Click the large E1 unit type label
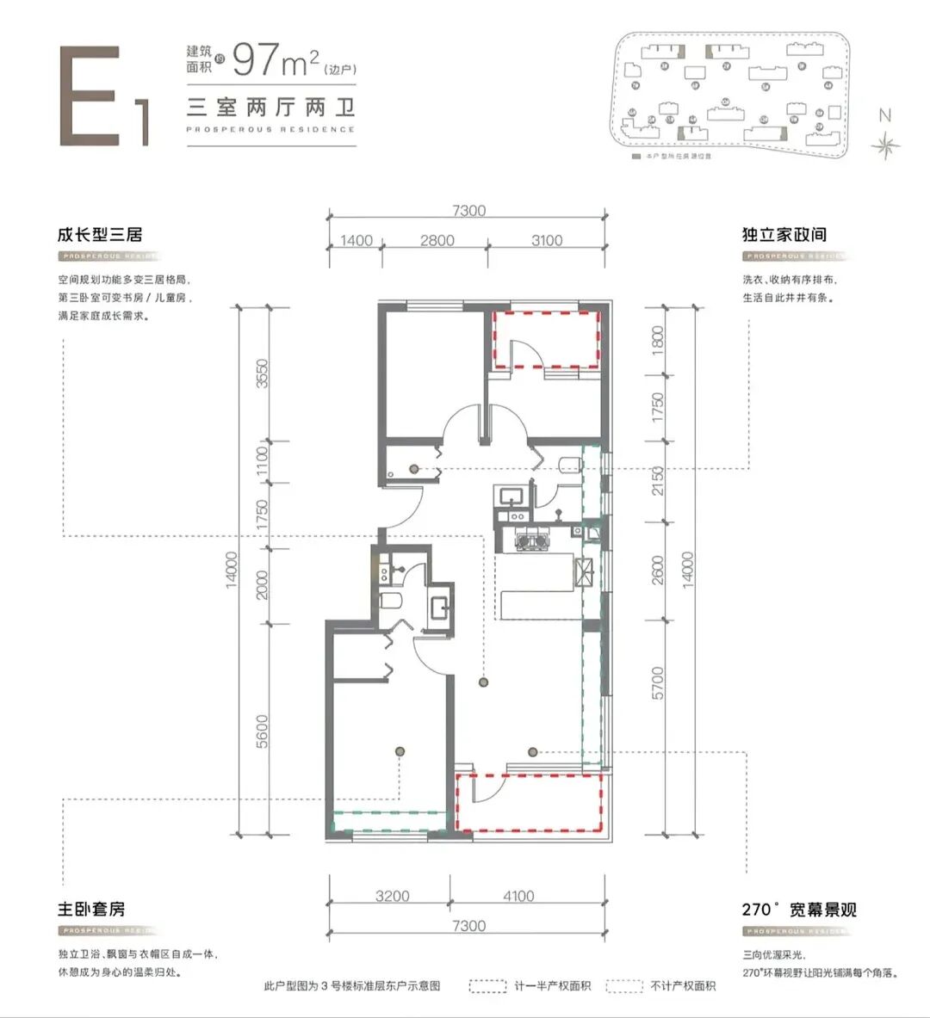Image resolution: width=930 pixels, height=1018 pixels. click(103, 96)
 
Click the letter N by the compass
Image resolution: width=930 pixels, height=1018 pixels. click(884, 115)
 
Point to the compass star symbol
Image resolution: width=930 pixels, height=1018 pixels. click(884, 146)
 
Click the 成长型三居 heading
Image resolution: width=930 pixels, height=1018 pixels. click(99, 234)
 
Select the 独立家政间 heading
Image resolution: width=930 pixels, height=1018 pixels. click(784, 234)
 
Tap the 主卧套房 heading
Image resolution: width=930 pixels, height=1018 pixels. click(91, 909)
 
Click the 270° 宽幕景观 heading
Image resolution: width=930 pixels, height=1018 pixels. click(799, 910)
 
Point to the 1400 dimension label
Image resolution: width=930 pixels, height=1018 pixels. click(356, 241)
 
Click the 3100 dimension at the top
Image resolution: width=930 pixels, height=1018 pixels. click(547, 241)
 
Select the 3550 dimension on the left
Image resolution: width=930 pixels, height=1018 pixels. click(262, 373)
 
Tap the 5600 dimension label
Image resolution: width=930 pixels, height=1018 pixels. click(262, 731)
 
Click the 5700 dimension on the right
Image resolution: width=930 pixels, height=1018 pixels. click(659, 682)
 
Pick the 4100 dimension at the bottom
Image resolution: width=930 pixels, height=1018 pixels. click(518, 896)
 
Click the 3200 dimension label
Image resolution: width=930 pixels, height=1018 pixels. click(392, 896)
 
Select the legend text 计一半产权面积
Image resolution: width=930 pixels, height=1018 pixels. click(552, 986)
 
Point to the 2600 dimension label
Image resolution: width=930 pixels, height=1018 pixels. click(659, 569)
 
